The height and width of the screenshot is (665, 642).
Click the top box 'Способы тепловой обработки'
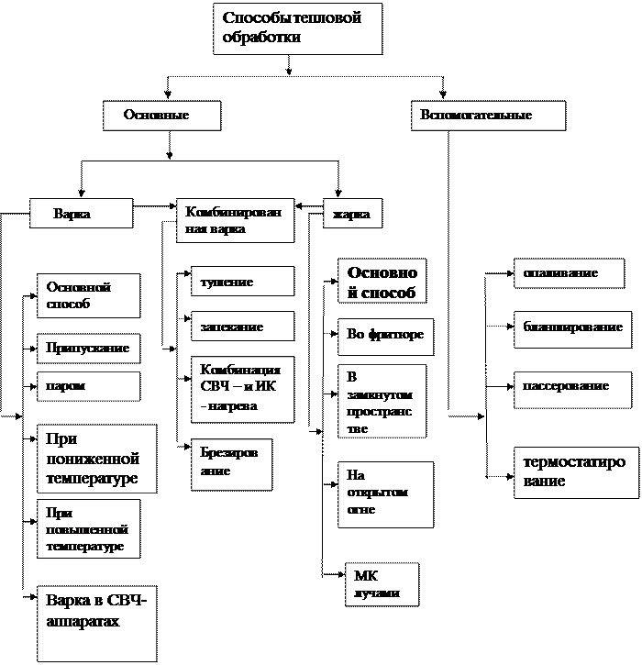297,28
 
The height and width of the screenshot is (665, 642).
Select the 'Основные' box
161,116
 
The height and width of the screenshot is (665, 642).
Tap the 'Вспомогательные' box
487,116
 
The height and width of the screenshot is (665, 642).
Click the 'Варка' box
81,214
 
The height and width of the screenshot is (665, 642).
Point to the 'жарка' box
352,214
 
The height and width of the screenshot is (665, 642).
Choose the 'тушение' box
242,282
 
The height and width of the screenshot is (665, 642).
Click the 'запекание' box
242,327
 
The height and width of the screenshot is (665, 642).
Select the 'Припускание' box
88,349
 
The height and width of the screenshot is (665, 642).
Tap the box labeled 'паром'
88,386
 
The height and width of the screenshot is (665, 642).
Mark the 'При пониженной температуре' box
96,459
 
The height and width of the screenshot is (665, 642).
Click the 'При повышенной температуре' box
88,528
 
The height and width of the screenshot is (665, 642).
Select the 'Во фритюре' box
386,336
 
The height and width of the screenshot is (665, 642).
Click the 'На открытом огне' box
386,494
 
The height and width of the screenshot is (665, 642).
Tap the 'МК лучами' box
382,584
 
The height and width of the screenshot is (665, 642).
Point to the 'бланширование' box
572,327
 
